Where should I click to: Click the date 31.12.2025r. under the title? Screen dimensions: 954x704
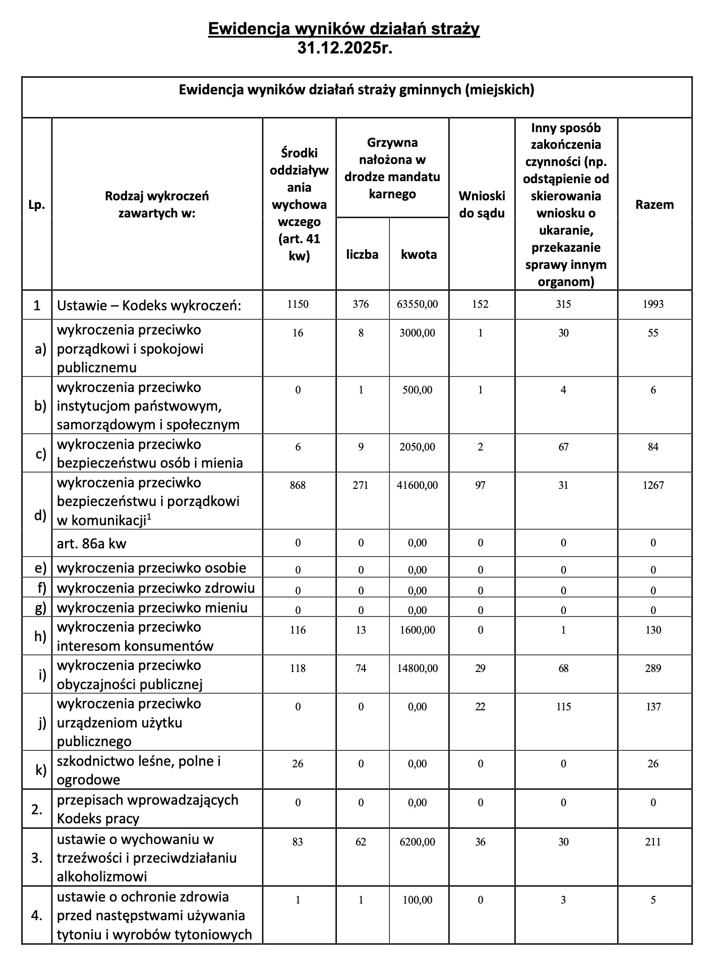click(x=344, y=48)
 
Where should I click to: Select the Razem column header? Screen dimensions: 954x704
click(x=654, y=204)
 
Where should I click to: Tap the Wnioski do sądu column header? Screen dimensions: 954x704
click(x=482, y=204)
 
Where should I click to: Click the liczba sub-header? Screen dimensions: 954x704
click(x=362, y=254)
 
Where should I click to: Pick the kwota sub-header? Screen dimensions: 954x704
click(x=419, y=254)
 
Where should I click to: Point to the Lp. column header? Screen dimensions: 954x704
click(x=37, y=205)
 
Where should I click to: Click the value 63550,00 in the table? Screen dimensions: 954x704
click(x=419, y=304)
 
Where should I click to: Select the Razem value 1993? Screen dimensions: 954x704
click(x=653, y=304)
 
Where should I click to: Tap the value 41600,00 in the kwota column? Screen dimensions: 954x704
click(x=419, y=485)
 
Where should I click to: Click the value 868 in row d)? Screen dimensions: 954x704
click(x=298, y=485)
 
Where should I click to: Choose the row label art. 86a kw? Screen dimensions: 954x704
click(x=92, y=543)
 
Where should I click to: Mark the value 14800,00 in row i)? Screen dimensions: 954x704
click(x=419, y=668)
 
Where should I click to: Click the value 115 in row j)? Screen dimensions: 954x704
click(x=563, y=707)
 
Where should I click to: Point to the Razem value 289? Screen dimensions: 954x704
click(x=653, y=668)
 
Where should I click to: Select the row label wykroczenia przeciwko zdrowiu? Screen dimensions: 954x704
click(x=156, y=588)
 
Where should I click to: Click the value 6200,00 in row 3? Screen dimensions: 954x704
click(x=419, y=842)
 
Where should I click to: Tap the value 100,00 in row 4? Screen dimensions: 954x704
click(x=419, y=900)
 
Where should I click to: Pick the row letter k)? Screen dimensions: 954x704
click(x=40, y=770)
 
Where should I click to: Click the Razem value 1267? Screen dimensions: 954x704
click(x=653, y=485)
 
